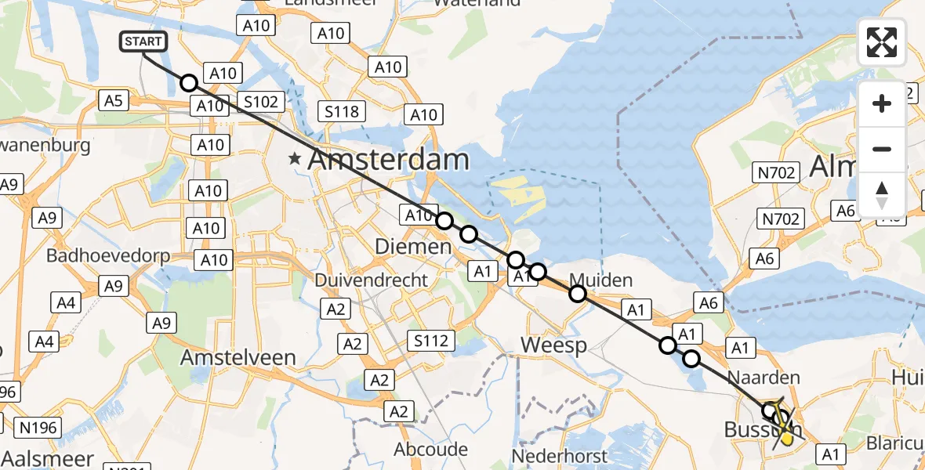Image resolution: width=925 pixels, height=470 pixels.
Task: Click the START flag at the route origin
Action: click(143, 42)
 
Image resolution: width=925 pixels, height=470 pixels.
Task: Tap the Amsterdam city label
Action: click(388, 160)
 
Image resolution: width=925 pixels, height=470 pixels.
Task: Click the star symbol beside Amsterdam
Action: click(295, 159)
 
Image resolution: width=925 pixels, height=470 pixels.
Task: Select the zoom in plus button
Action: click(882, 103)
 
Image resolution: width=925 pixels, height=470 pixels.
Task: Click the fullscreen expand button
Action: click(882, 42)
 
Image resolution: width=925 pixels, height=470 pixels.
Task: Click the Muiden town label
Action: click(600, 279)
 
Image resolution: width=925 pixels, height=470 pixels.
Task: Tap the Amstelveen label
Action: click(238, 357)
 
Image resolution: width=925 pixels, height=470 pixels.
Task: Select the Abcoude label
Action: click(431, 450)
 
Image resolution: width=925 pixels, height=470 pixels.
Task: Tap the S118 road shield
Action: click(343, 112)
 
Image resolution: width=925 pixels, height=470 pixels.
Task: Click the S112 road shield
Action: click(432, 340)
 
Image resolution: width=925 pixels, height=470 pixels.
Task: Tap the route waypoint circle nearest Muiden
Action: click(578, 294)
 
